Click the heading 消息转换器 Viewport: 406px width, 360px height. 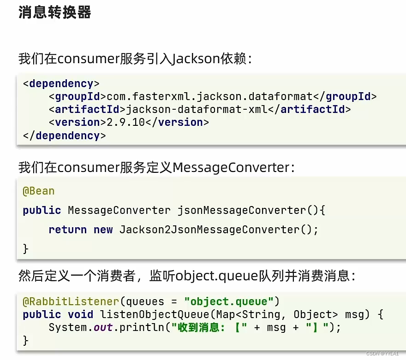[55, 12]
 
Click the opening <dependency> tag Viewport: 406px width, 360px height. [61, 84]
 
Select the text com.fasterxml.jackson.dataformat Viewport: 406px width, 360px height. [209, 97]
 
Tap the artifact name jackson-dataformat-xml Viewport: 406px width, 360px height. [197, 110]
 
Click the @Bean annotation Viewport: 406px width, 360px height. [38, 191]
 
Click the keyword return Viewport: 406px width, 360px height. [67, 230]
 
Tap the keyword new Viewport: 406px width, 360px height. [103, 230]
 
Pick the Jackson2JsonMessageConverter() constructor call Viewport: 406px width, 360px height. [219, 230]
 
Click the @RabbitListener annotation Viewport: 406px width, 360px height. [71, 302]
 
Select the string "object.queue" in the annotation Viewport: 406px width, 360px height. [229, 302]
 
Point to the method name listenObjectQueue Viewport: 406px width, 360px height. [148, 315]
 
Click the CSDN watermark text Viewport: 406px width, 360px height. [382, 354]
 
